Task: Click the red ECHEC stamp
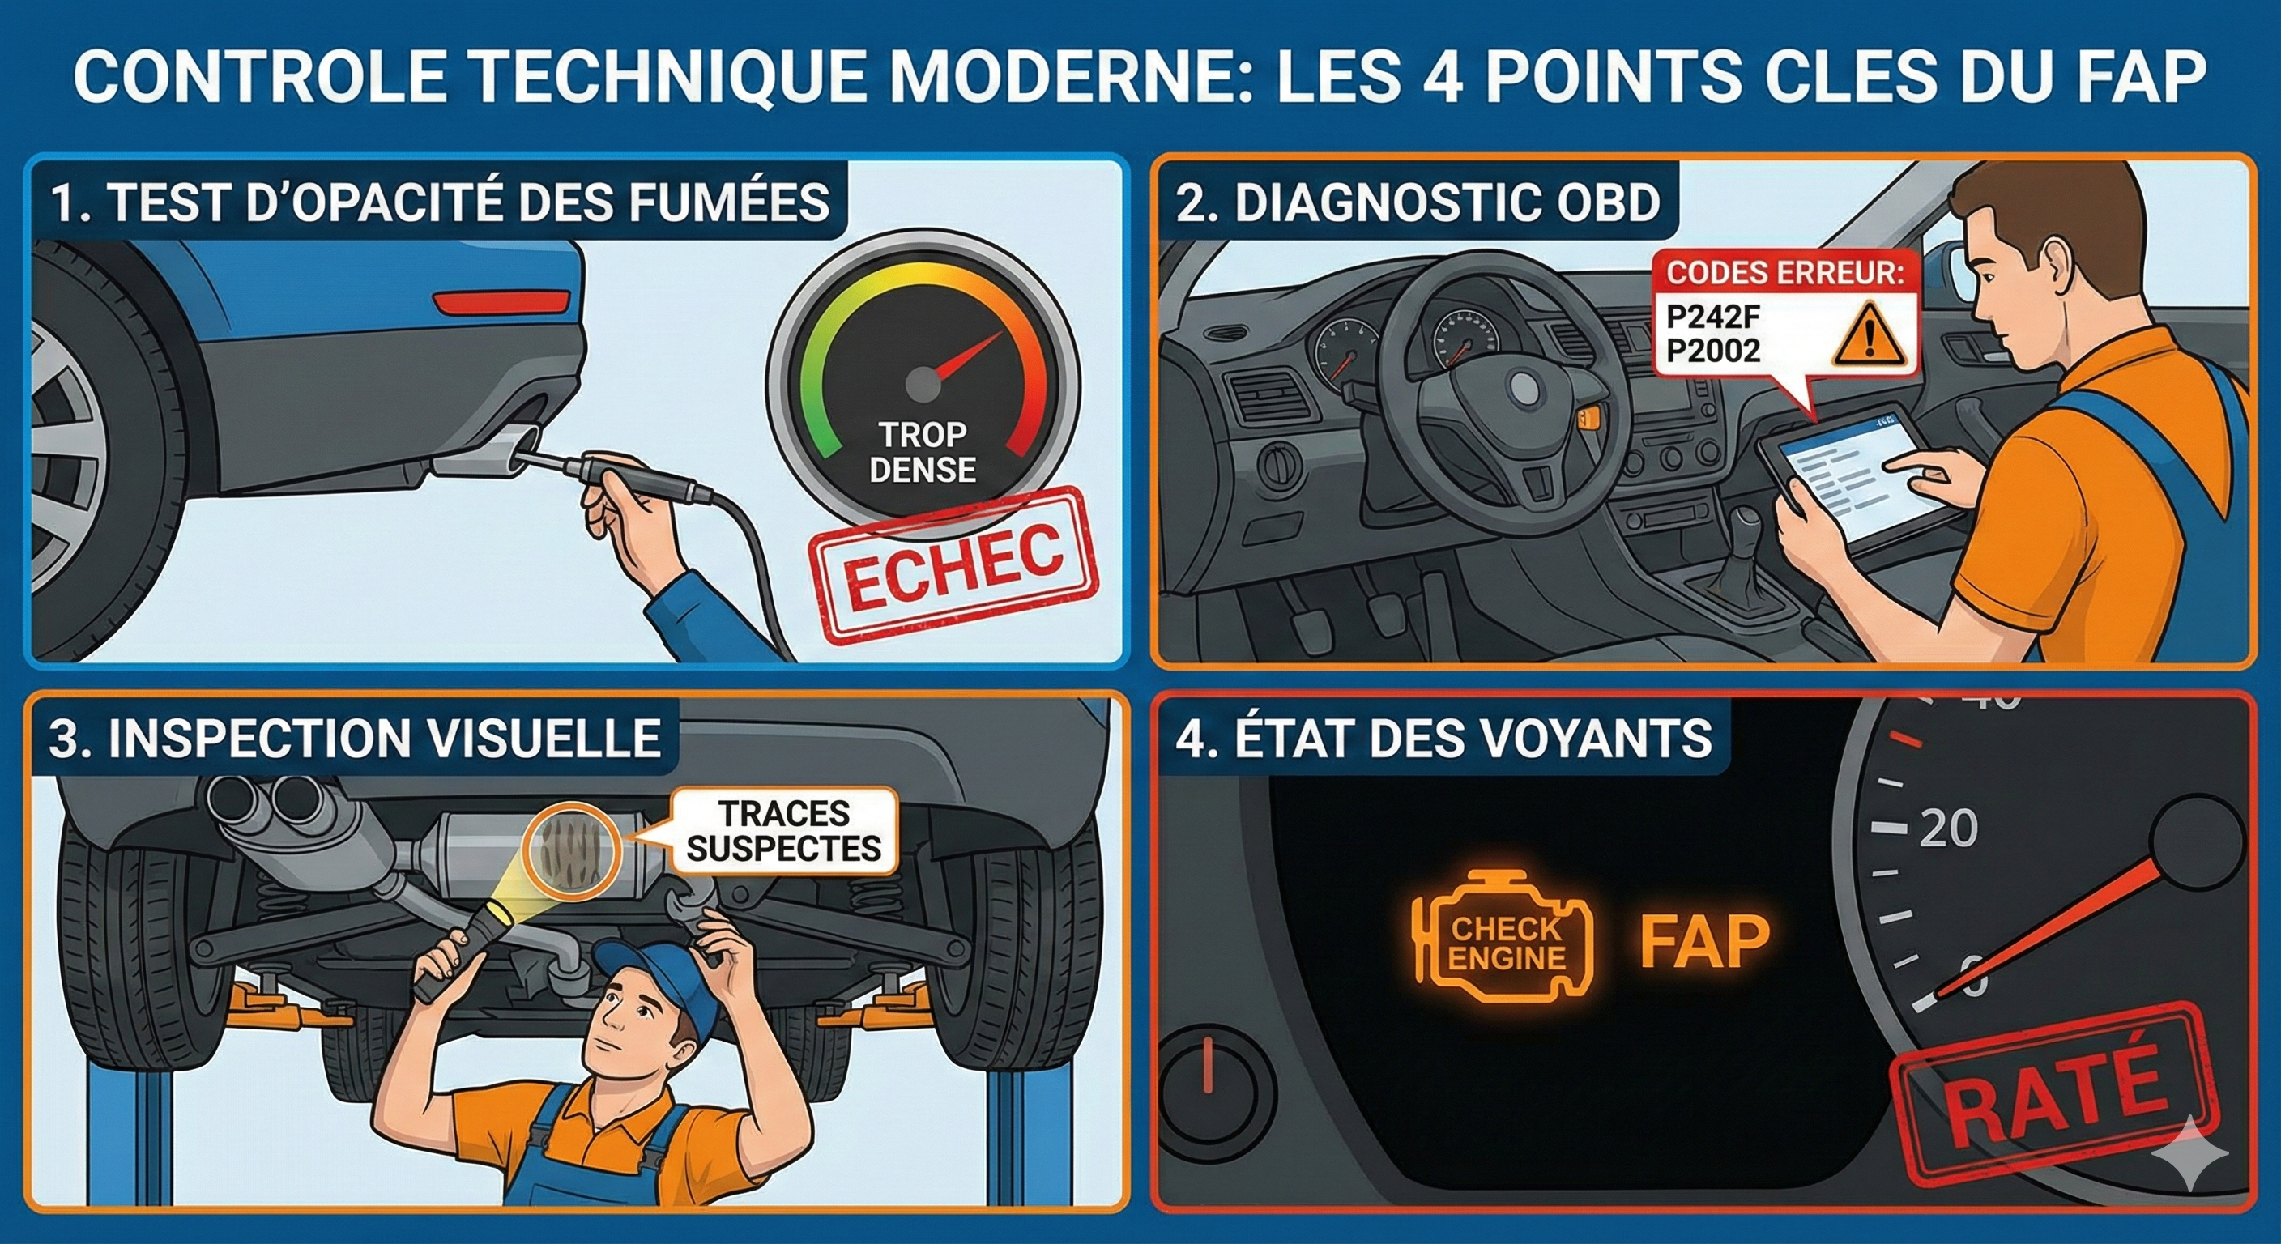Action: pos(953,563)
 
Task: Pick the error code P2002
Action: pos(1712,351)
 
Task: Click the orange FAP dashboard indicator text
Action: pos(1704,942)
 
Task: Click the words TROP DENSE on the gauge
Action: pos(922,453)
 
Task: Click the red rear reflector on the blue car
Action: pos(501,302)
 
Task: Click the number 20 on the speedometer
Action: pos(1948,828)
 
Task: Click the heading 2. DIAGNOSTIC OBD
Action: pos(1418,202)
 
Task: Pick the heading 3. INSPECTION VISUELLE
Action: pos(354,739)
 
